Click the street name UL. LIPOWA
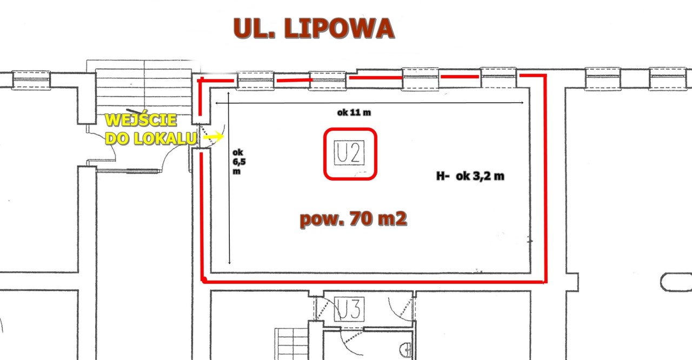314,29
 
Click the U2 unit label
349,152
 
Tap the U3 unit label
349,309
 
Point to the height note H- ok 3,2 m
470,176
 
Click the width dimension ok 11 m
354,112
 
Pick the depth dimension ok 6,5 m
239,162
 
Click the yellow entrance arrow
214,136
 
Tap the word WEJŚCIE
141,120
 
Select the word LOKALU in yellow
165,138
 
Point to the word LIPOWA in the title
339,29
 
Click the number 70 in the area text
361,218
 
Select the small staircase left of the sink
291,344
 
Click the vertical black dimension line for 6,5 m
229,178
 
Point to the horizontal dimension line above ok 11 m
369,103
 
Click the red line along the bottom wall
374,282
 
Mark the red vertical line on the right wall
545,178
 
